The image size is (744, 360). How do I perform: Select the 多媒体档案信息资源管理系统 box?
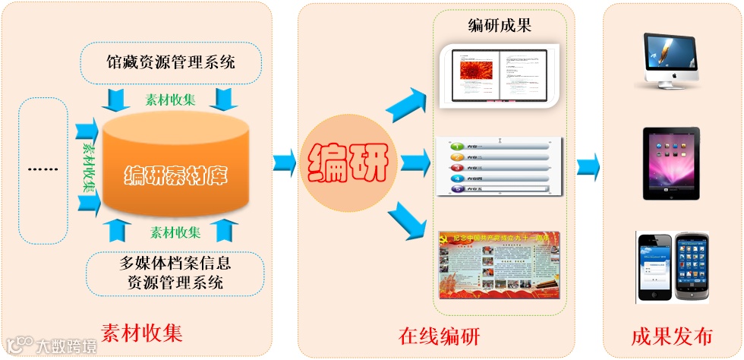pos(175,273)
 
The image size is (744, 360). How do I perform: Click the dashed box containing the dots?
pos(43,169)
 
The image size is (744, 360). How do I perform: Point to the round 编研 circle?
pos(347,160)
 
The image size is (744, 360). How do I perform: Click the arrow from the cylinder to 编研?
pos(285,161)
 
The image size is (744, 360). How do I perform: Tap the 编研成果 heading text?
pos(500,25)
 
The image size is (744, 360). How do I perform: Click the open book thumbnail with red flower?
pos(502,74)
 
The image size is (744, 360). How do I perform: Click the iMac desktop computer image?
pos(670,62)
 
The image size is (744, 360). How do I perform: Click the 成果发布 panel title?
pos(671,336)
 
